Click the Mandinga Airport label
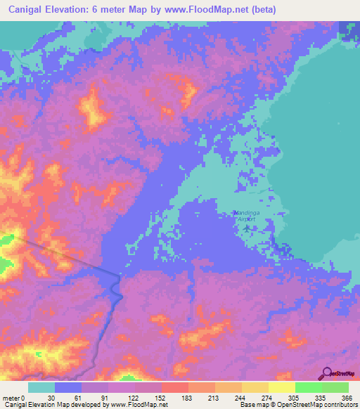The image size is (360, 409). click(244, 216)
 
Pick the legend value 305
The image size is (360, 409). click(294, 397)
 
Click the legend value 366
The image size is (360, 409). click(347, 397)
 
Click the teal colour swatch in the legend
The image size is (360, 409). click(41, 387)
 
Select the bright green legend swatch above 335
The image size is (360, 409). click(308, 387)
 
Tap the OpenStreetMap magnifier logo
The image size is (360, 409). click(326, 373)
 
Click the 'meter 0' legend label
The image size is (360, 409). click(14, 397)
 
